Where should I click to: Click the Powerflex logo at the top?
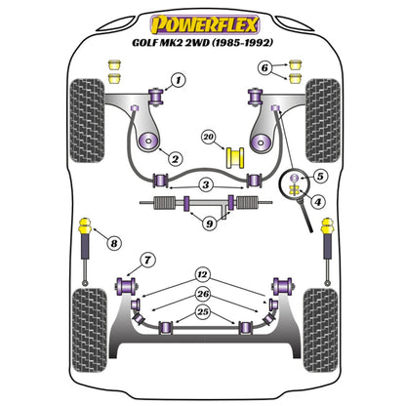(x=202, y=20)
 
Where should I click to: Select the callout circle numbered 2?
(x=174, y=158)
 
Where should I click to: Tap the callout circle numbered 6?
(x=263, y=67)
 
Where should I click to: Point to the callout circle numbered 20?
(x=208, y=137)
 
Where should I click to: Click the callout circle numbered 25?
(x=202, y=311)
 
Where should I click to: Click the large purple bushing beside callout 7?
(x=125, y=285)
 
